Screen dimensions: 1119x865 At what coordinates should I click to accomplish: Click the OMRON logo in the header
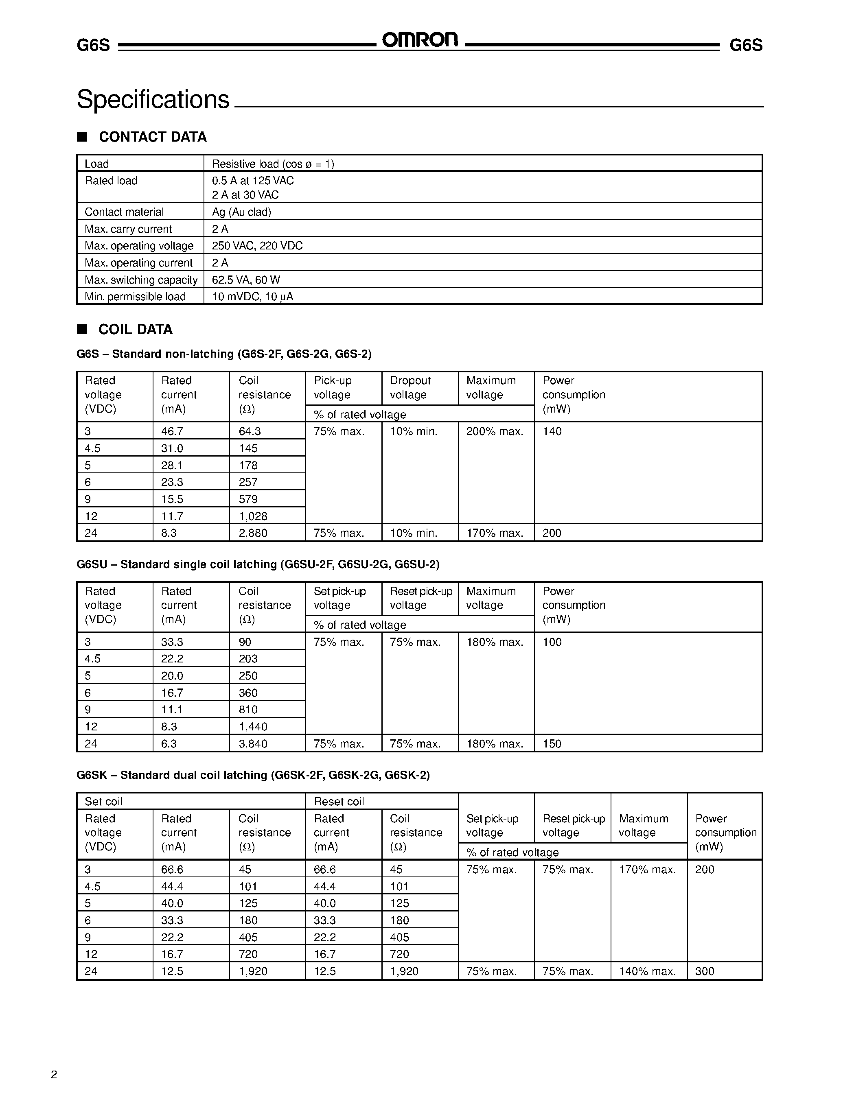(420, 40)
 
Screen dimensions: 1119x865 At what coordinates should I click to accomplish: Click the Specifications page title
(153, 99)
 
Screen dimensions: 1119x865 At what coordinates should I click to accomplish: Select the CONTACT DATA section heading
(152, 137)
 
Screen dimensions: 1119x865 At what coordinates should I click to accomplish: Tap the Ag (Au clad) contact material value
(241, 212)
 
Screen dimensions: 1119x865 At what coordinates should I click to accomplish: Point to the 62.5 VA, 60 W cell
(246, 280)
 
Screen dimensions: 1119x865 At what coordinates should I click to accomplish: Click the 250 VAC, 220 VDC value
(257, 246)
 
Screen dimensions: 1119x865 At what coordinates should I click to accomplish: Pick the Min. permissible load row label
(135, 297)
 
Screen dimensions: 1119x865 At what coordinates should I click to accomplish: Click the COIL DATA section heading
(135, 330)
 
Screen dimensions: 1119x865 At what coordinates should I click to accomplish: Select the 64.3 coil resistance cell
(250, 431)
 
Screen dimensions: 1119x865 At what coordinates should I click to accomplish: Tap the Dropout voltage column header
(410, 388)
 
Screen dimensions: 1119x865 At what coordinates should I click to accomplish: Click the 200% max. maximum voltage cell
(495, 431)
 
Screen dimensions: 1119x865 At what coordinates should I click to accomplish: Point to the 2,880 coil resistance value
(253, 533)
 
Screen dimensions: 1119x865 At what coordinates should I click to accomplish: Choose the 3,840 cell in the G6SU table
(253, 744)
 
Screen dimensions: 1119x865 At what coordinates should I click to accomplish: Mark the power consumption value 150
(552, 744)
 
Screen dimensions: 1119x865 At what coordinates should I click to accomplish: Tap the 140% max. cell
(647, 971)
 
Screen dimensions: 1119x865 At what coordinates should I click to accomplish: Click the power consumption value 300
(705, 971)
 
